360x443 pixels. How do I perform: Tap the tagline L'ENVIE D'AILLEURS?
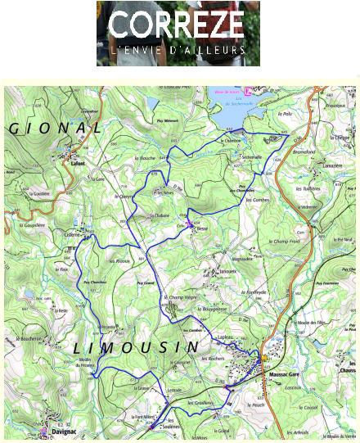click(x=177, y=51)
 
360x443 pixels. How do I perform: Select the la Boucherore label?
click(x=29, y=338)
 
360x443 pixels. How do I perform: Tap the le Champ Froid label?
click(x=286, y=242)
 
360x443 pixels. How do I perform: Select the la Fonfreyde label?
click(x=254, y=292)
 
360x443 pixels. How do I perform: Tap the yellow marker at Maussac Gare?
click(x=264, y=359)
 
